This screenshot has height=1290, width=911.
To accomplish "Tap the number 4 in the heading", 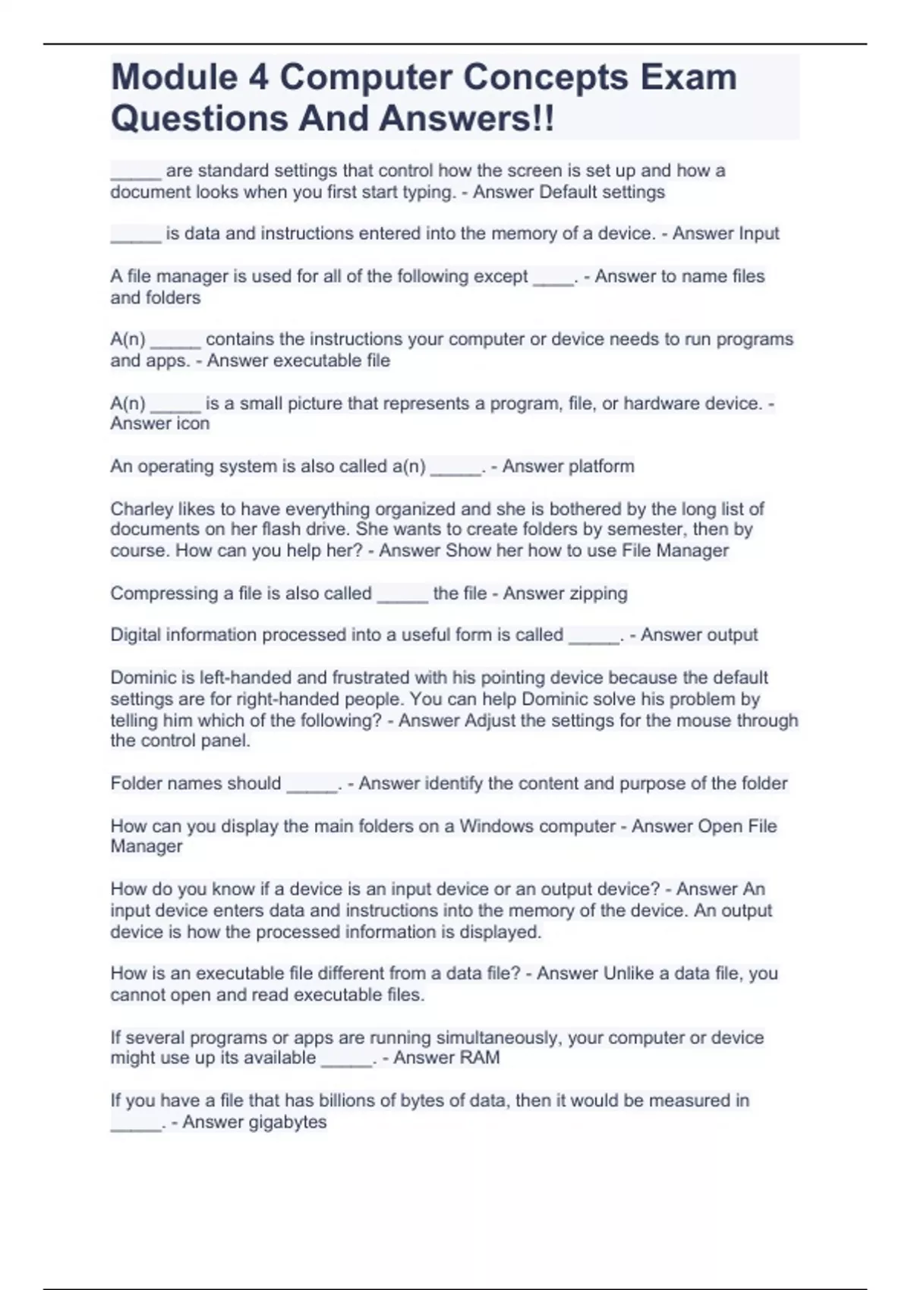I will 259,77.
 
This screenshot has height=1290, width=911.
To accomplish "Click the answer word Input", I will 753,234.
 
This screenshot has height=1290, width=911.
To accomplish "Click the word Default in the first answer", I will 567,192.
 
